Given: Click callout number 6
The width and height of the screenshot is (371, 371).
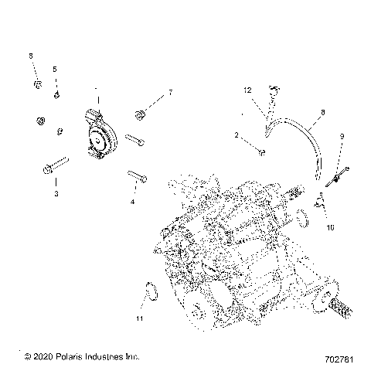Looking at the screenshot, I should click(31, 56).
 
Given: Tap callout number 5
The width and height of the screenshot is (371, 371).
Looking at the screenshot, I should click(55, 70).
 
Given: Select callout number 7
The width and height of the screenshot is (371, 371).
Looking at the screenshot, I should click(171, 92).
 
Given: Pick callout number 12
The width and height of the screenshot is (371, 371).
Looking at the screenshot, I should click(248, 90).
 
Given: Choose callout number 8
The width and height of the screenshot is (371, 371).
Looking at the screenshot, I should click(322, 112).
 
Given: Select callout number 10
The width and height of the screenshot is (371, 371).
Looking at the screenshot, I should click(330, 228).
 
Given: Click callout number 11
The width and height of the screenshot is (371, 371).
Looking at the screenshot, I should click(139, 318).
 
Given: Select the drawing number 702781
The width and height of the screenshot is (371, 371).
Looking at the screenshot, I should click(339, 357).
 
